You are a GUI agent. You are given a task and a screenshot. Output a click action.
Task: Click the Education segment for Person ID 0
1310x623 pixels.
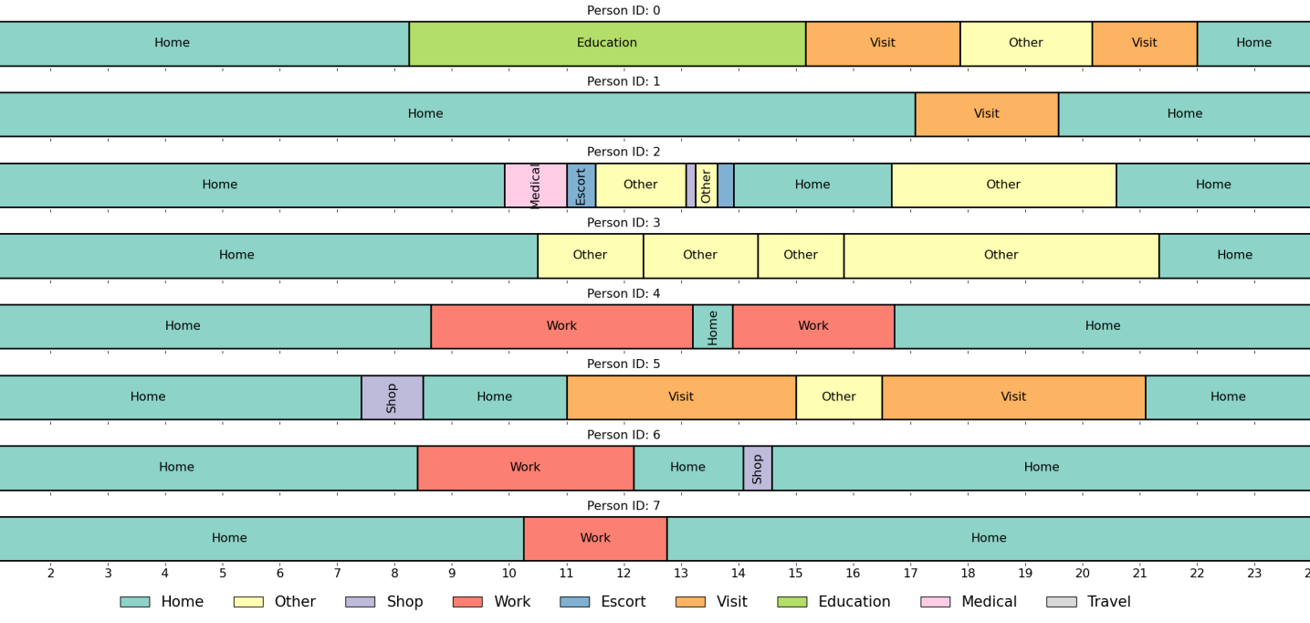[x=607, y=44]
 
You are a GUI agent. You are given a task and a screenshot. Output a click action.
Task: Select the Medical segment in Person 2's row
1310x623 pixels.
[x=535, y=185]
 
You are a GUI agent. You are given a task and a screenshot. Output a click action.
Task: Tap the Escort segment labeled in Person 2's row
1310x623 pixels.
[x=581, y=185]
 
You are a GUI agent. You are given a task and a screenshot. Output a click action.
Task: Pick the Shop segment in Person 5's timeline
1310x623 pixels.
[x=392, y=397]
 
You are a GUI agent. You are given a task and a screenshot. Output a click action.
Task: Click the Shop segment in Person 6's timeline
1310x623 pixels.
[x=757, y=469]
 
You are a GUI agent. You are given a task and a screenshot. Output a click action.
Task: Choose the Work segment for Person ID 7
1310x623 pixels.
[x=595, y=539]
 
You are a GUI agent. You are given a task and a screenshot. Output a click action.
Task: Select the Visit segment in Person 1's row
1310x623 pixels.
[x=986, y=115]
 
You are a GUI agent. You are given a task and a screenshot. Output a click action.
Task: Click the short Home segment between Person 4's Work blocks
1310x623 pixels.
[x=712, y=327]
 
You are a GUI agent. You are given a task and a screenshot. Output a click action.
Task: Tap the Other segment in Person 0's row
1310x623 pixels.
[x=1025, y=44]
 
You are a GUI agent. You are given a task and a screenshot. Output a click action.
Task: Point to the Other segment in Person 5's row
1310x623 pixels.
[x=838, y=397]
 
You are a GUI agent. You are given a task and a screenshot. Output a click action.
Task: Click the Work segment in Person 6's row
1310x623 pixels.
[x=525, y=469]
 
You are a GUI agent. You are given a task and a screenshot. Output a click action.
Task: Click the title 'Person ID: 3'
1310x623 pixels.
[x=624, y=223]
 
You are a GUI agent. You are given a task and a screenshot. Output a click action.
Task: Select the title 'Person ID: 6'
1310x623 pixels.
[x=624, y=436]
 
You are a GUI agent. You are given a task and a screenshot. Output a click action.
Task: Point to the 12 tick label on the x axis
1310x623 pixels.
[x=624, y=574]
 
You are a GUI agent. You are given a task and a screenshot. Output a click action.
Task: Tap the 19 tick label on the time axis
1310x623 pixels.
[x=1025, y=574]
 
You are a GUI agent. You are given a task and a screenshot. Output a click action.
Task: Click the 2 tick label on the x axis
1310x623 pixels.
[x=51, y=574]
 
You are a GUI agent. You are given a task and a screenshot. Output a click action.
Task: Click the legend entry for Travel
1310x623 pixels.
[x=1108, y=602]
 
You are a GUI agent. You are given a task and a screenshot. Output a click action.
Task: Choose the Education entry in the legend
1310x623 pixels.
[x=854, y=602]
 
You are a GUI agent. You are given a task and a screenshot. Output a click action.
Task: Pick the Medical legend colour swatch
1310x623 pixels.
[x=935, y=602]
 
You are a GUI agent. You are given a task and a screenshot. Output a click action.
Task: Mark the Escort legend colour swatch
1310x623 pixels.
[x=574, y=602]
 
